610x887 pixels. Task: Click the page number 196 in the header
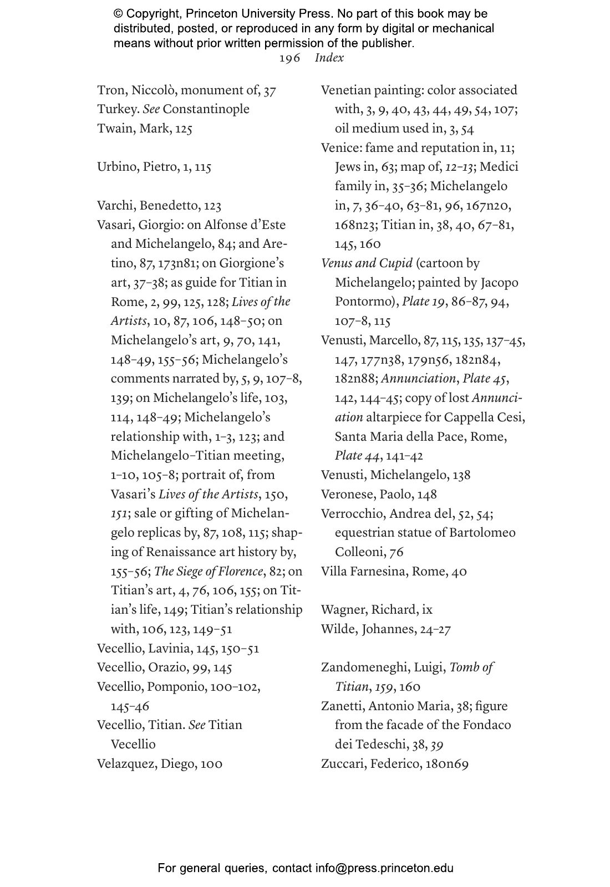(x=289, y=58)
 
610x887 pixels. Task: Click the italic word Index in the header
(x=329, y=58)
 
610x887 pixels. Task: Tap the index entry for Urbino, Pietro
(x=154, y=167)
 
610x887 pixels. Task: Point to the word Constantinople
(x=206, y=109)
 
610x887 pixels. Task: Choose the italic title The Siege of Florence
(x=209, y=571)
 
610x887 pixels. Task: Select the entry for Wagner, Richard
(x=377, y=610)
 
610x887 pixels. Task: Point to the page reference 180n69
(x=447, y=764)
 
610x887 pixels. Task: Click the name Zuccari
(x=342, y=764)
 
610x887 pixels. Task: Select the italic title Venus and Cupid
(x=367, y=263)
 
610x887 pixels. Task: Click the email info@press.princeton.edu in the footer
(x=384, y=868)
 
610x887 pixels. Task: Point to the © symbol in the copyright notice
(x=118, y=14)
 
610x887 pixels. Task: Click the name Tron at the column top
(x=110, y=90)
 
